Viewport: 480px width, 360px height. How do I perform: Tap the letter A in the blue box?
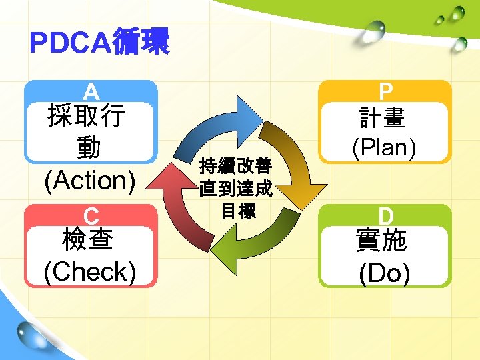point(91,91)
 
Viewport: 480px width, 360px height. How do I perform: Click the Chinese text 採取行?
point(85,117)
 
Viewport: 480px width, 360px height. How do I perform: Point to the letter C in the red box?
point(91,215)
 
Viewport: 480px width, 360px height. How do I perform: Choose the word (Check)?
point(90,271)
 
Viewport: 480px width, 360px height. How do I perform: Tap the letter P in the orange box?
point(385,91)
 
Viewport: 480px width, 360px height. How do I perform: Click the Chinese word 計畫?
point(385,119)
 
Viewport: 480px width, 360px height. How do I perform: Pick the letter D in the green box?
point(385,215)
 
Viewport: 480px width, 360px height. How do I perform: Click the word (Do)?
point(384,273)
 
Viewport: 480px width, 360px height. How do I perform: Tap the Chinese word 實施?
point(385,241)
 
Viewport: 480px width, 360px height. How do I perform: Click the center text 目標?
point(236,213)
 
